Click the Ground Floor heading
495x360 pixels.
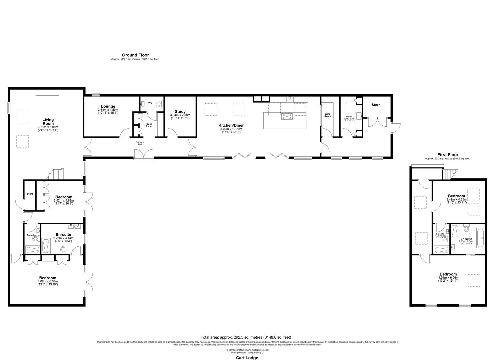(135, 55)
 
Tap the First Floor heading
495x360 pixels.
(448, 155)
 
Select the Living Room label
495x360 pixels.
(48, 122)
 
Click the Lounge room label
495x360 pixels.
(108, 107)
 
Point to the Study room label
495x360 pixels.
(180, 112)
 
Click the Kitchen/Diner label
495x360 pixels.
(230, 125)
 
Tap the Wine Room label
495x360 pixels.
(328, 115)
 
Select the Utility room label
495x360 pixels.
(349, 117)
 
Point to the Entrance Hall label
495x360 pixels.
(140, 143)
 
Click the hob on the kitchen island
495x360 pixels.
(287, 116)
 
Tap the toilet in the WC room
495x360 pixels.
(159, 104)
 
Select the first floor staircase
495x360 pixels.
(449, 173)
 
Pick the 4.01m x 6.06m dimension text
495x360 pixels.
(448, 278)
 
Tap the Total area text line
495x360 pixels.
(248, 337)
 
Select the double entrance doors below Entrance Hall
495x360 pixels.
(144, 154)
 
